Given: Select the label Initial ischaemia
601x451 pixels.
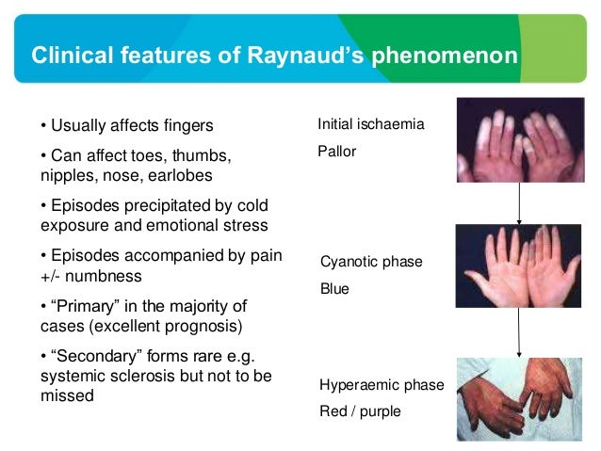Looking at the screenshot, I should click(371, 124).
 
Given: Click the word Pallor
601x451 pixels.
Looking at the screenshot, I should click(337, 151).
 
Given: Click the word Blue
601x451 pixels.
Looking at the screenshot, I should click(334, 289).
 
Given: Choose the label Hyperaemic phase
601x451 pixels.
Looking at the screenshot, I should click(382, 385).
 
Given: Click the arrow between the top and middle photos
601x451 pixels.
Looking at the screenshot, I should click(520, 201).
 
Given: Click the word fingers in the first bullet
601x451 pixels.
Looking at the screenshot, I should click(186, 126).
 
